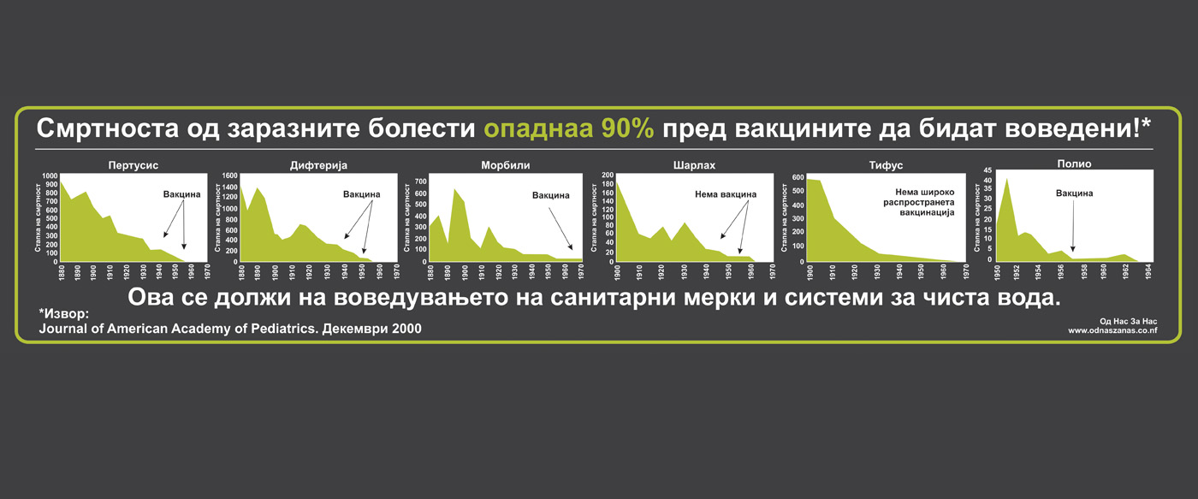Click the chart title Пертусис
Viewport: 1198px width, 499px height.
coord(133,165)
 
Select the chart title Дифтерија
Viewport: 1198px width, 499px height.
coord(318,165)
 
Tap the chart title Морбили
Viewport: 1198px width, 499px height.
coord(506,165)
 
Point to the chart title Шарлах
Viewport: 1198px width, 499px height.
coord(694,165)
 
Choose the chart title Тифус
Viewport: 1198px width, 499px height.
coord(886,165)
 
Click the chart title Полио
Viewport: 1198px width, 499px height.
coord(1074,163)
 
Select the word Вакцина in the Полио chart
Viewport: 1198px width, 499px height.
coord(1074,193)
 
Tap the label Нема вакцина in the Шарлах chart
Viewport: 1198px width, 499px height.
coord(726,194)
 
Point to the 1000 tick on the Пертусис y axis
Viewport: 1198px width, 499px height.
coord(50,176)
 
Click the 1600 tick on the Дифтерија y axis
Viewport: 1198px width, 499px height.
coord(230,175)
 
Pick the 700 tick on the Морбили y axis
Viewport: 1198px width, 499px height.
coord(421,181)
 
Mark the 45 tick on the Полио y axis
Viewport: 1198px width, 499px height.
coord(987,170)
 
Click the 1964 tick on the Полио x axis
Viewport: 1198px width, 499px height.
coord(1148,271)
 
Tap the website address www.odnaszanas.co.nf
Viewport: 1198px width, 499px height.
coord(1112,330)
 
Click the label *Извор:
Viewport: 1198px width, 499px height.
coord(63,313)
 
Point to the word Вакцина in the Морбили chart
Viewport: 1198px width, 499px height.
coord(550,195)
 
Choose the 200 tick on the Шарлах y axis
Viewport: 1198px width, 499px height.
coord(608,175)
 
